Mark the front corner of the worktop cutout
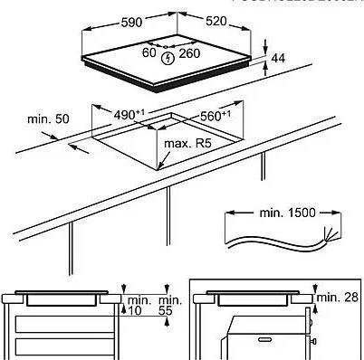(158, 167)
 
